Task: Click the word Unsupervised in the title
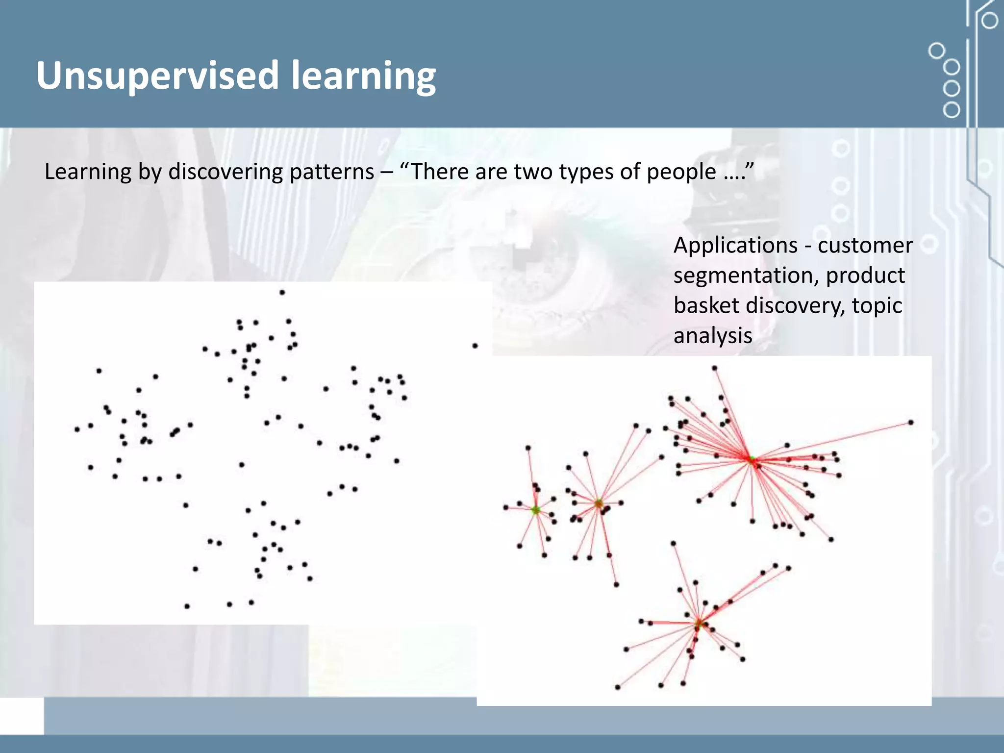pyautogui.click(x=157, y=76)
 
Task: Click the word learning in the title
pyautogui.click(x=363, y=76)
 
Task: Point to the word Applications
pyautogui.click(x=735, y=245)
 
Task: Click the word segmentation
pyautogui.click(x=746, y=276)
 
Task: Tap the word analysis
pyautogui.click(x=713, y=336)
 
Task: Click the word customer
pyautogui.click(x=865, y=245)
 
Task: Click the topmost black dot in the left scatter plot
pyautogui.click(x=282, y=293)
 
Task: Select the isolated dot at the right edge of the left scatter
pyautogui.click(x=475, y=346)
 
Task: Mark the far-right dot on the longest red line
pyautogui.click(x=911, y=422)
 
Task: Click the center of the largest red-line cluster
pyautogui.click(x=752, y=459)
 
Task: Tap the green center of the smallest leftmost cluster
pyautogui.click(x=536, y=510)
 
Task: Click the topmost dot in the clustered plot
pyautogui.click(x=714, y=368)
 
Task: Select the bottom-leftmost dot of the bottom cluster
pyautogui.click(x=617, y=687)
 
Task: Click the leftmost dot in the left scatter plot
pyautogui.click(x=77, y=429)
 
